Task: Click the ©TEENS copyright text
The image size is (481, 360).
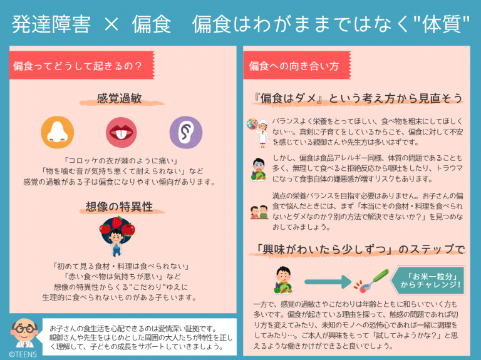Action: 23,354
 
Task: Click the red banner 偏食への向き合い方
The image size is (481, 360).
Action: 294,65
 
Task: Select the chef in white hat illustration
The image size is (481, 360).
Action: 258,131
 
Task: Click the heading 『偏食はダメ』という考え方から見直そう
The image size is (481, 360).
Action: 355,98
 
